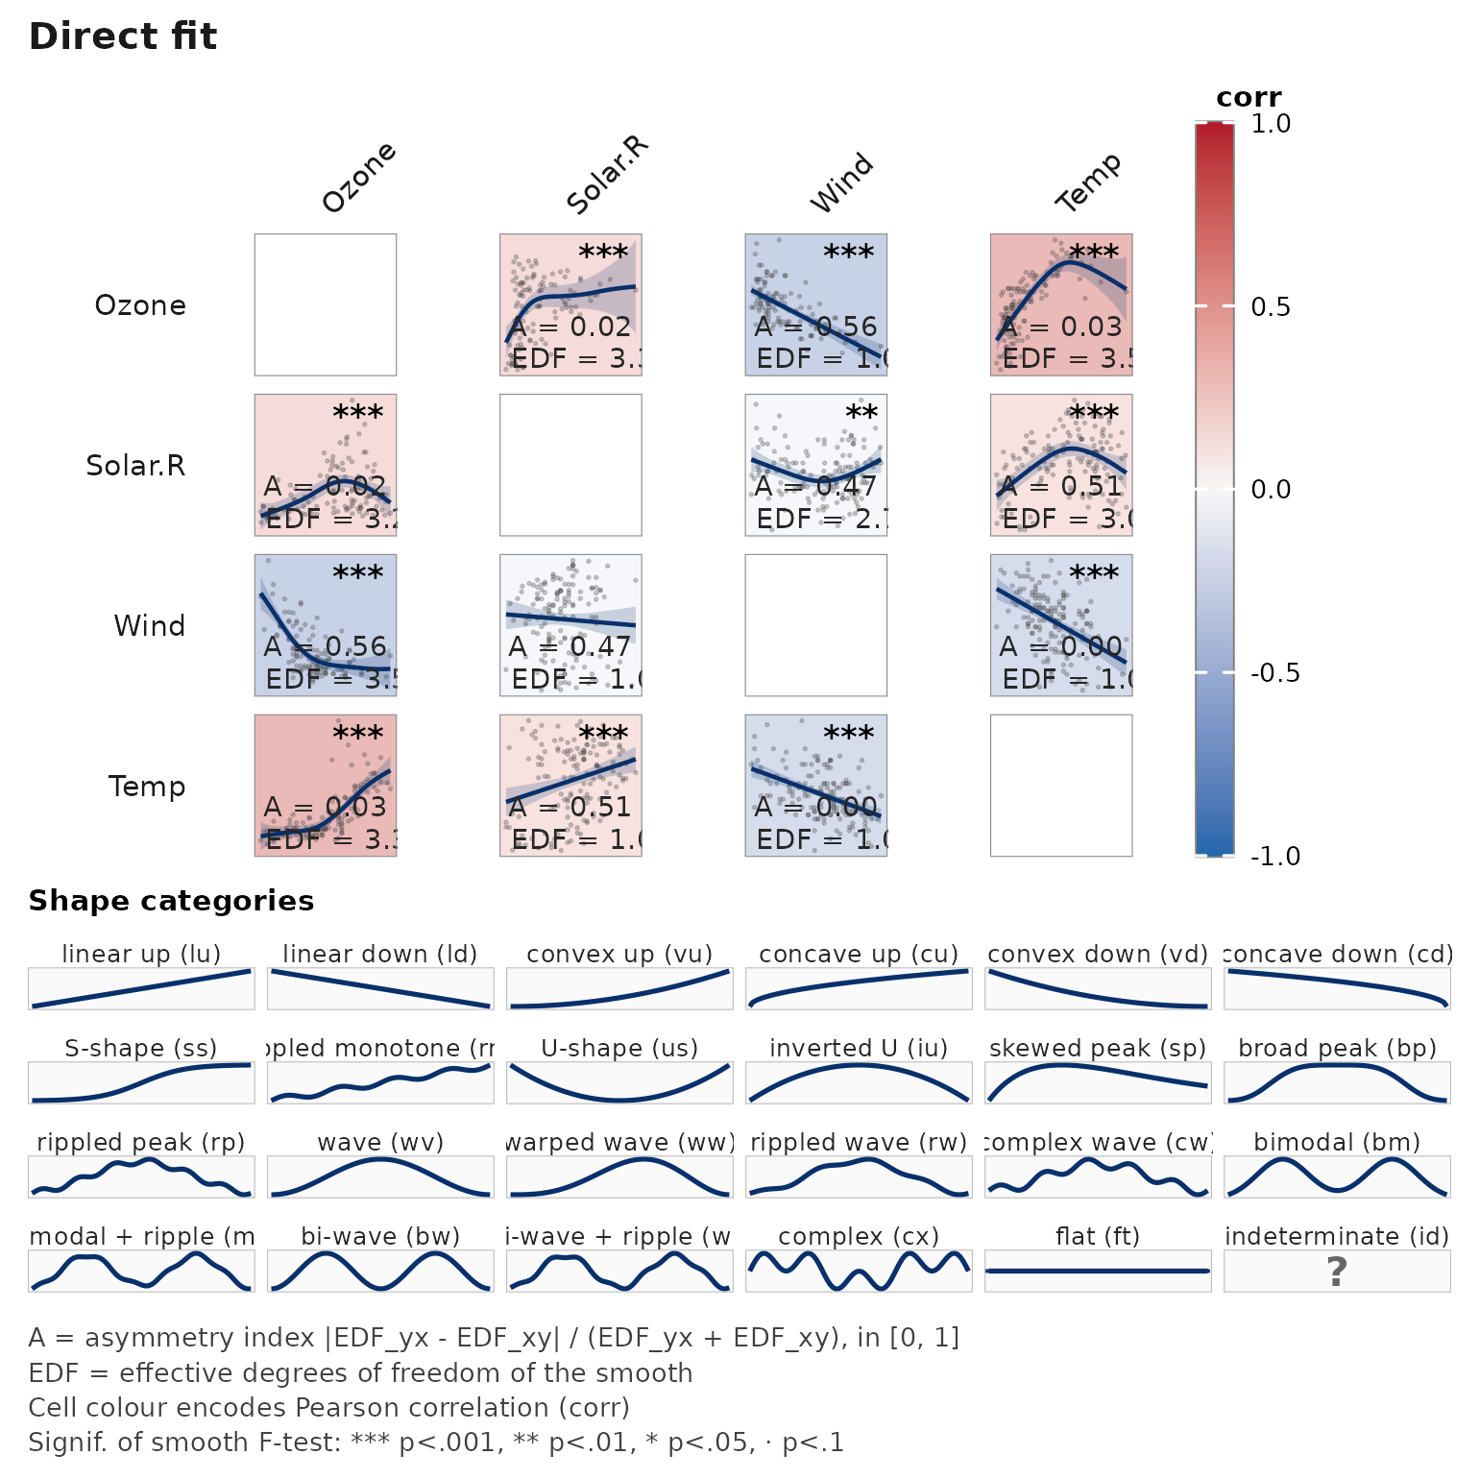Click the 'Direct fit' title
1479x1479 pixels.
(123, 36)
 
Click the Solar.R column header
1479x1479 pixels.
(607, 176)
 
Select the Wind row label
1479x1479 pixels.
(149, 625)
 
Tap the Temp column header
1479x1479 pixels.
(1088, 182)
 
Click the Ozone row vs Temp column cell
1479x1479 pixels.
(1061, 304)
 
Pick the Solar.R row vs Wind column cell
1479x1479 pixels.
(815, 465)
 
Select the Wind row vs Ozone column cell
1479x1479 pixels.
(326, 625)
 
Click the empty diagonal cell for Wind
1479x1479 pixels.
(815, 625)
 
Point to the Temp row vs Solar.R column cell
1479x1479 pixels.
(570, 786)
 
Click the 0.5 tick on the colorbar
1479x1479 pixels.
(1270, 306)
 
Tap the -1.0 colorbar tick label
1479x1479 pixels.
(1274, 856)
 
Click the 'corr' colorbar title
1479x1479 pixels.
(1248, 98)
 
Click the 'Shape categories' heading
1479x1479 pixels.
(171, 901)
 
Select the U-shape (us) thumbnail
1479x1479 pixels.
(619, 1082)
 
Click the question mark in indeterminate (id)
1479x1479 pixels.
(1336, 1272)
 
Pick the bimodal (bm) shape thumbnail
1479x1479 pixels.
(1336, 1176)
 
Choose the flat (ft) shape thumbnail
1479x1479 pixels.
(1098, 1271)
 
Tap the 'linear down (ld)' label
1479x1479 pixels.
(380, 954)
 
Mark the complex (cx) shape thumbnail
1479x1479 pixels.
(859, 1271)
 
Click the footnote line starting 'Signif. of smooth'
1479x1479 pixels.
(436, 1443)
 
